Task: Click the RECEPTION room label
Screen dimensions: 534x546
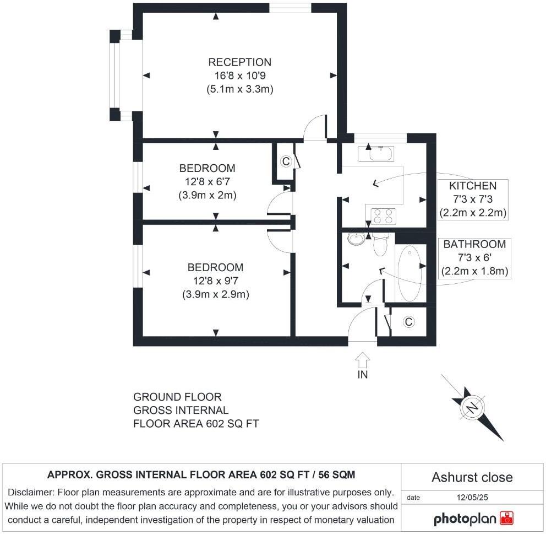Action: coord(239,62)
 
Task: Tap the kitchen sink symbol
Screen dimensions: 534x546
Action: coord(375,153)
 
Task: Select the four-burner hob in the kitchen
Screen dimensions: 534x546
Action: coord(384,216)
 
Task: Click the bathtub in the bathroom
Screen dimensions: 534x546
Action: coord(409,273)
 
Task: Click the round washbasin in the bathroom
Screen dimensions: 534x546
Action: coord(356,239)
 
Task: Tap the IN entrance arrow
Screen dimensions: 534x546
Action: coord(362,362)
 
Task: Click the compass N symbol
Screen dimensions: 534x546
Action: coord(472,407)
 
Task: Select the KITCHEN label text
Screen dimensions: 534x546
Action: coord(472,186)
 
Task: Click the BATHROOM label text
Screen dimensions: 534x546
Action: coord(474,244)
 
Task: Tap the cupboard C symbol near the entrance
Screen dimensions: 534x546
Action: coord(408,322)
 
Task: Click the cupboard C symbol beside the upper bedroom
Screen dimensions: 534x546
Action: coord(285,161)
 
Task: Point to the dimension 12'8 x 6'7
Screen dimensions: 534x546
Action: coord(207,182)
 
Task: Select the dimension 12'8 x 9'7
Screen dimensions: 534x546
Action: coord(215,281)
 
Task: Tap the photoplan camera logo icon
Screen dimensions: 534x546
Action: coord(506,518)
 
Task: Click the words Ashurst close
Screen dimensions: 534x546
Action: coord(472,477)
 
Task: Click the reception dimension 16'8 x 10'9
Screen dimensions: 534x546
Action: coord(239,75)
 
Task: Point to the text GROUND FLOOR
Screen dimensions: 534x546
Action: coord(177,397)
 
